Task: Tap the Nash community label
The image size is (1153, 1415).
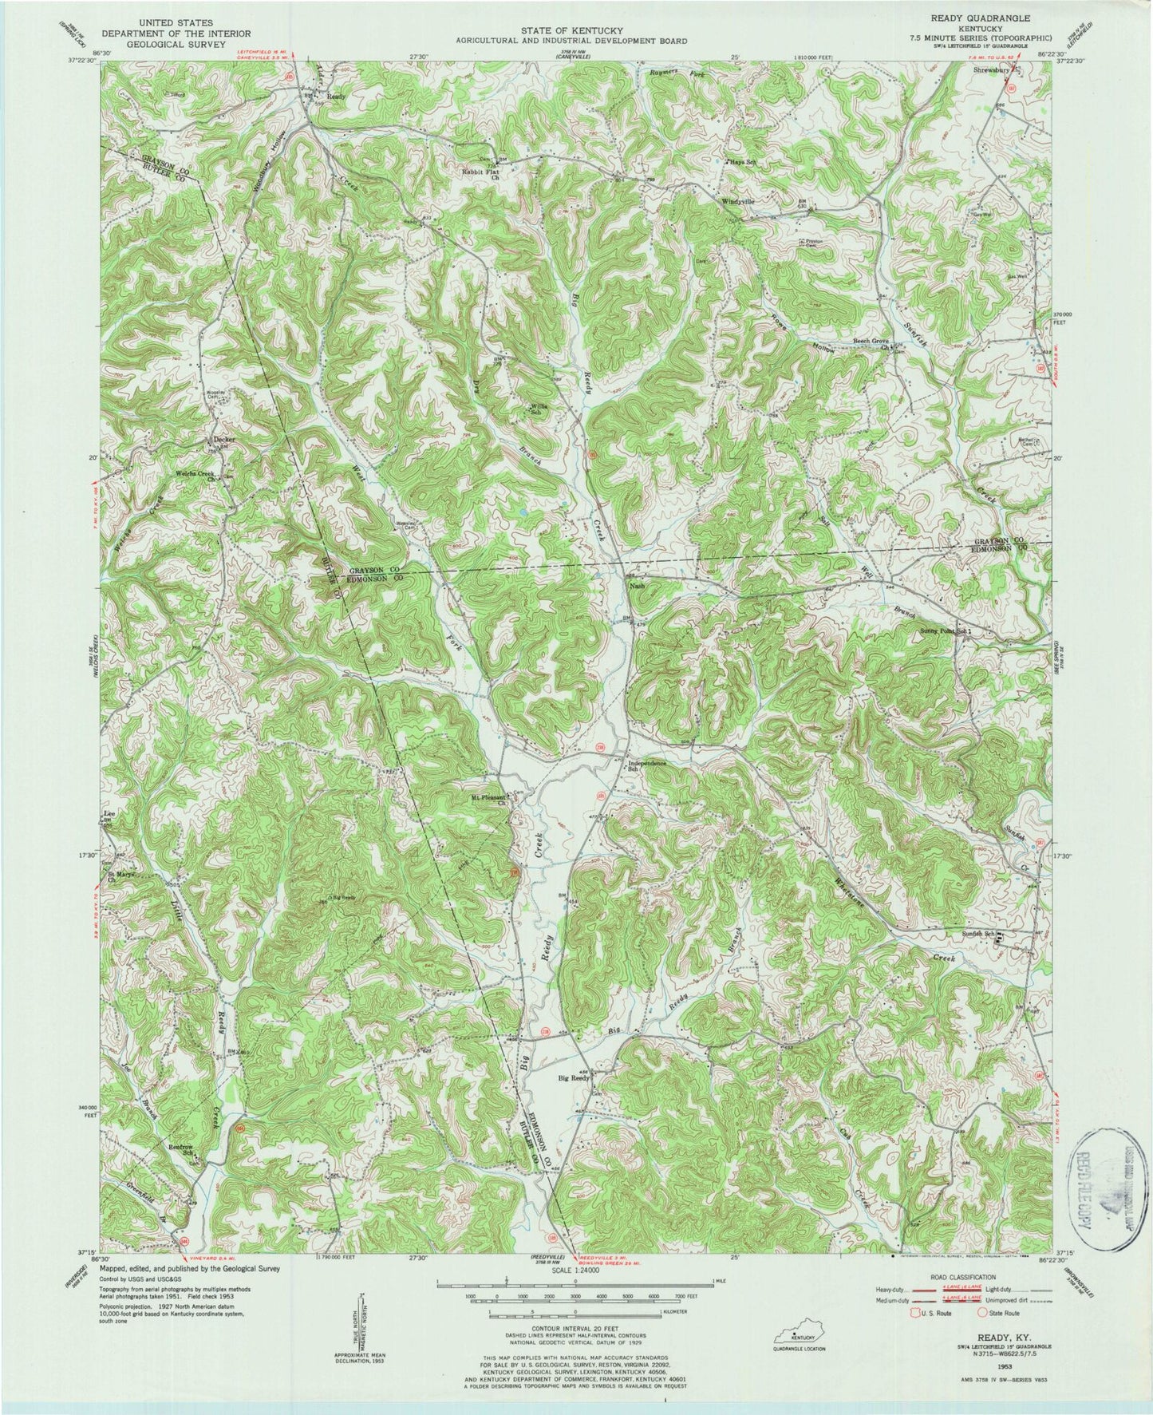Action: coord(637,587)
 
